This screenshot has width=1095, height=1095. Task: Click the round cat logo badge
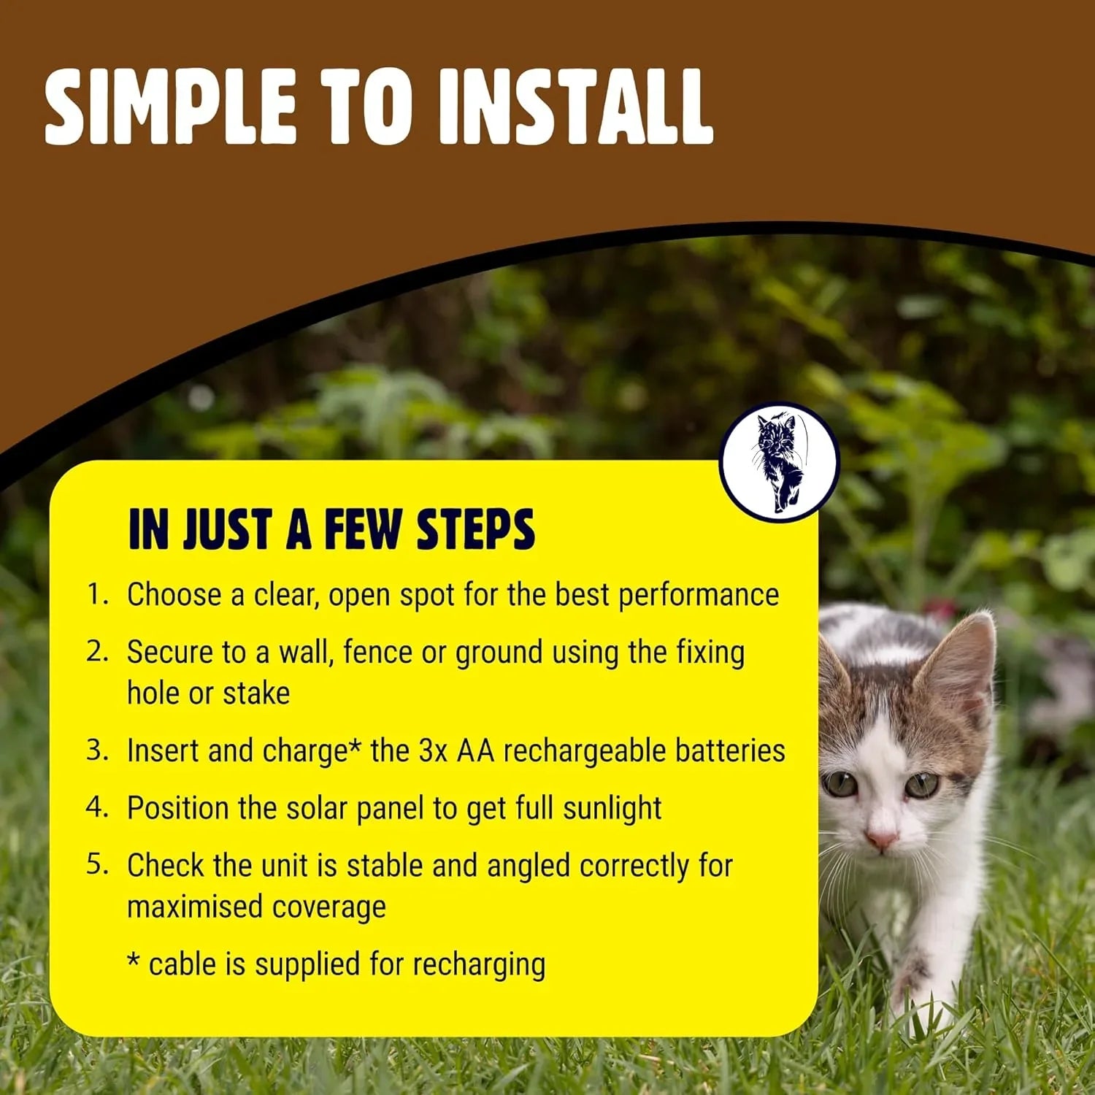coord(779,462)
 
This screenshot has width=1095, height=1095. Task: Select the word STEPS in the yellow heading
coord(475,529)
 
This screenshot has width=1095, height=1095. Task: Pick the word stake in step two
coord(256,693)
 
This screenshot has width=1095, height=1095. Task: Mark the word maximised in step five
coord(194,907)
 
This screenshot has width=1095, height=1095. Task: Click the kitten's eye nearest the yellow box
coord(839,784)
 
